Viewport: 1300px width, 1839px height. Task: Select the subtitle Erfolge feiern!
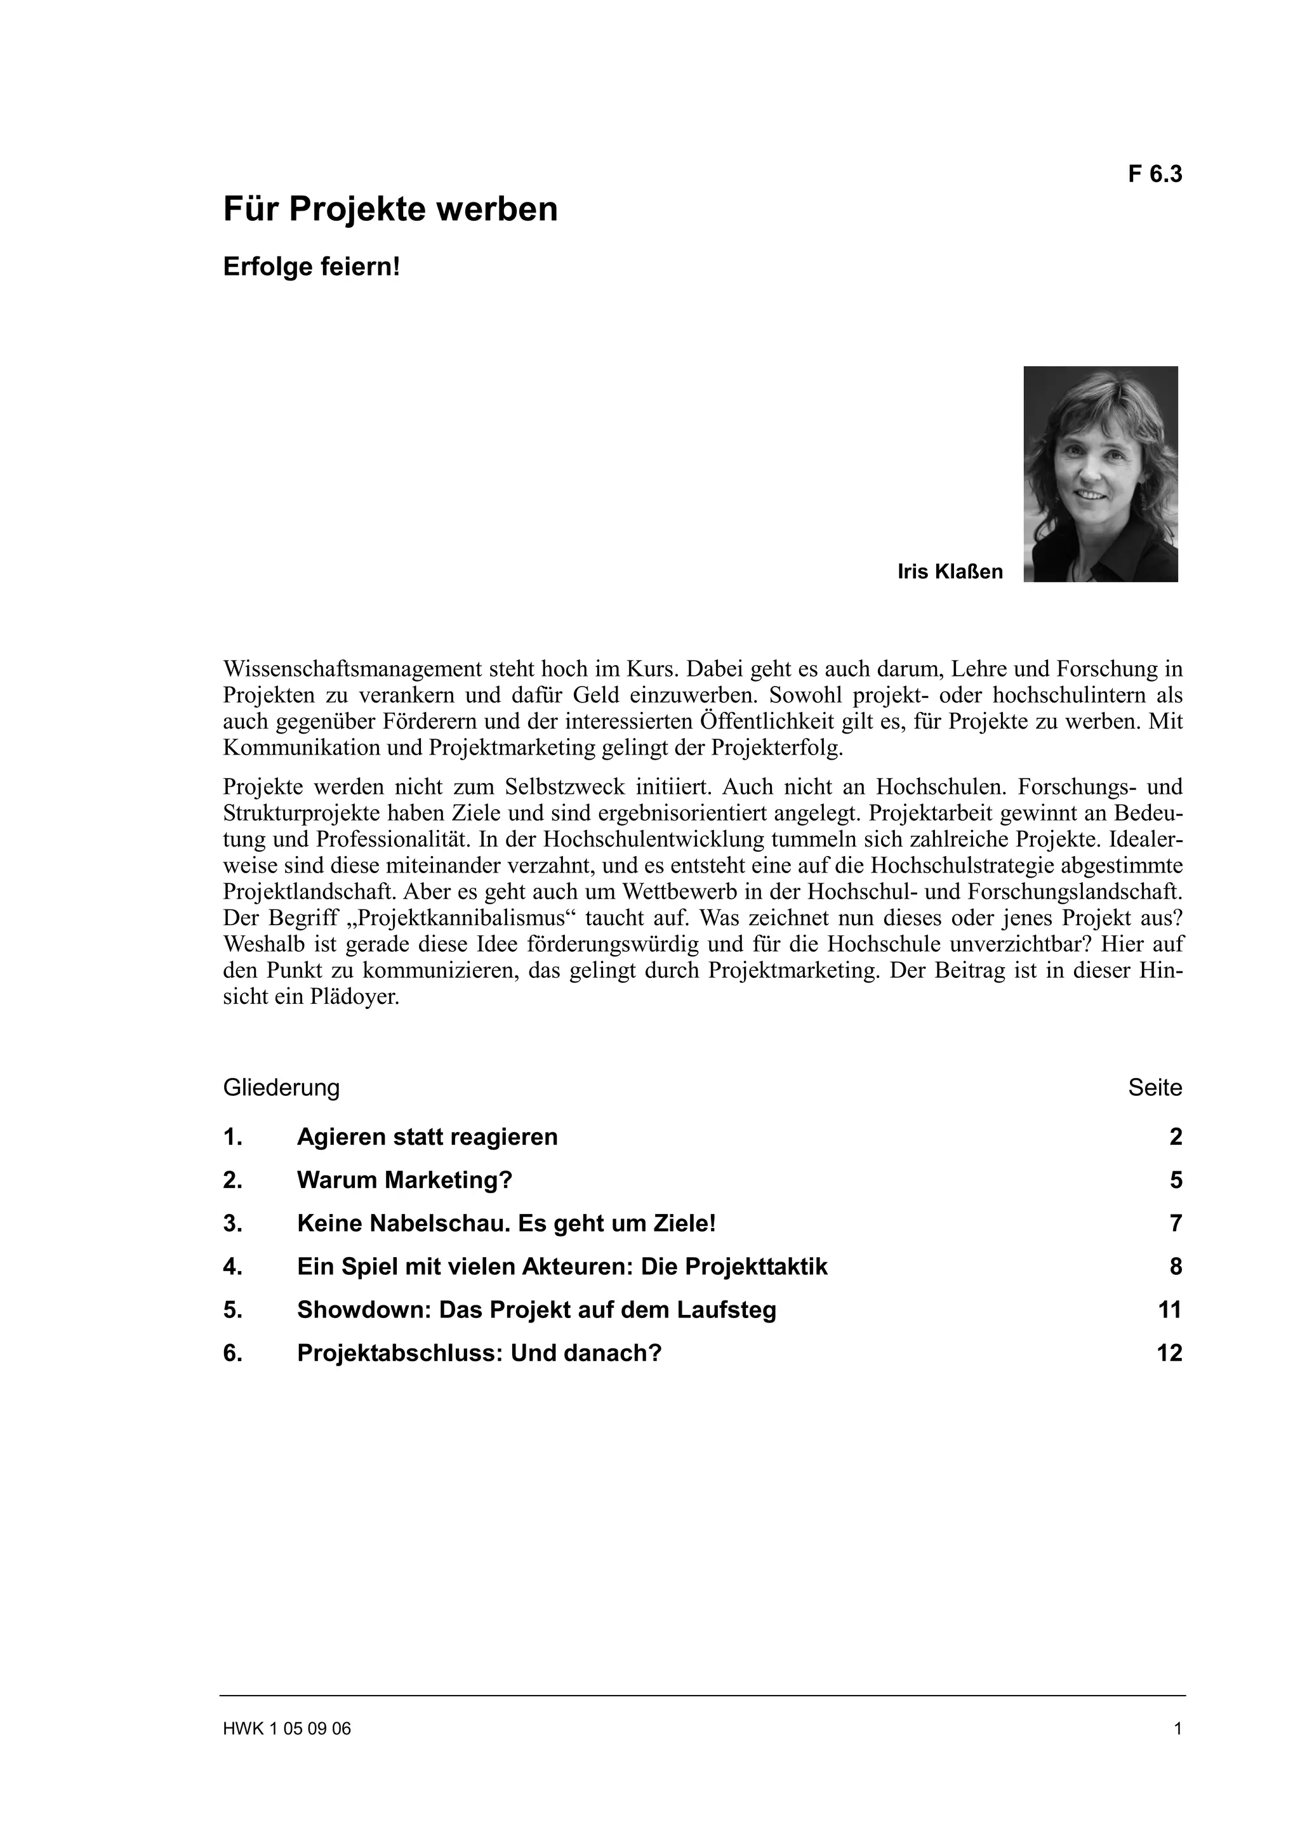pyautogui.click(x=311, y=267)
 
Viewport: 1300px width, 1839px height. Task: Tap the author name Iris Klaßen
pyautogui.click(x=950, y=572)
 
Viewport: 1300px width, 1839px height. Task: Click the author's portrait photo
pyautogui.click(x=1100, y=474)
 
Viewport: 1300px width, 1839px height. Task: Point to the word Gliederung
pyautogui.click(x=281, y=1088)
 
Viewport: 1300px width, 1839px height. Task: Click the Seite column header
pyautogui.click(x=1154, y=1088)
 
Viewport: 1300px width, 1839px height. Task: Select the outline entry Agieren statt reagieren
pyautogui.click(x=427, y=1137)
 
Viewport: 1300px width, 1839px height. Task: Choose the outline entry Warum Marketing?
pyautogui.click(x=404, y=1180)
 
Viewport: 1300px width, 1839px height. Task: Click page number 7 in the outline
pyautogui.click(x=1175, y=1223)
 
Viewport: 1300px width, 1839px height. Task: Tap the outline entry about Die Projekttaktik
pyautogui.click(x=562, y=1267)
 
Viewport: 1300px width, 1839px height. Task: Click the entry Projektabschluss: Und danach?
pyautogui.click(x=479, y=1353)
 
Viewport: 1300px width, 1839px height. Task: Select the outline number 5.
pyautogui.click(x=232, y=1310)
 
